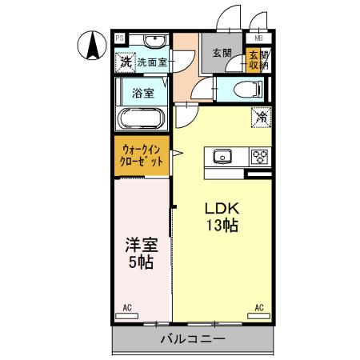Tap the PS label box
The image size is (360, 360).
[119, 38]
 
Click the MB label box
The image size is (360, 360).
[258, 38]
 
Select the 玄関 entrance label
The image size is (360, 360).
[222, 54]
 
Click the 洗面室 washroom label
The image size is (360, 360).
[151, 61]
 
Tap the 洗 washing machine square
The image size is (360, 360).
[125, 61]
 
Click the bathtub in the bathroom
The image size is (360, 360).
[142, 119]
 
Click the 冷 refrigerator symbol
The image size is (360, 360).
[262, 117]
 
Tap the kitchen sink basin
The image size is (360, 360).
[222, 156]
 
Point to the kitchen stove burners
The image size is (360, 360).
[259, 156]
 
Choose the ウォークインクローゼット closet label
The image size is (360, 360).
[142, 154]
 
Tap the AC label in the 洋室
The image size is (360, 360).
[127, 306]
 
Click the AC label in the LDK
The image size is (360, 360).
[258, 306]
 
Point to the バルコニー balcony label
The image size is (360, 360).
[191, 339]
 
